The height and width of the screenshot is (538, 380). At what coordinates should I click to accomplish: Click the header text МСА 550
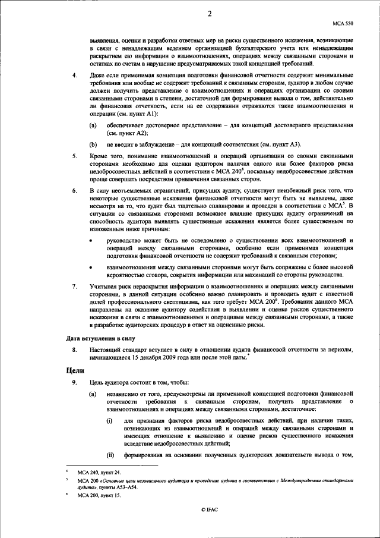345,25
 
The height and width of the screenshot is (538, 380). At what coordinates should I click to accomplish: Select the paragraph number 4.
74,75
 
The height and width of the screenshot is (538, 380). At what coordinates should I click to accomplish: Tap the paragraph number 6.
74,191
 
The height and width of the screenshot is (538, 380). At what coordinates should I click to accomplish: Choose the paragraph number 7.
74,286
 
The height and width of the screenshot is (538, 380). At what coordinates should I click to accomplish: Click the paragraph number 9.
74,382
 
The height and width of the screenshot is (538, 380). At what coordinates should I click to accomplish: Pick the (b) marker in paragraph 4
93,144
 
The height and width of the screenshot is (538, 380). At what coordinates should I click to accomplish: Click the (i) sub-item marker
110,420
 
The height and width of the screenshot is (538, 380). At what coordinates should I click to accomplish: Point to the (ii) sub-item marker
110,456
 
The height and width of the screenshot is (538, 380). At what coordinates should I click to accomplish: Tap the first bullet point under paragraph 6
90,240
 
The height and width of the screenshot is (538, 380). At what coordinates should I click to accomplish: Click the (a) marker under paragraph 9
93,393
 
